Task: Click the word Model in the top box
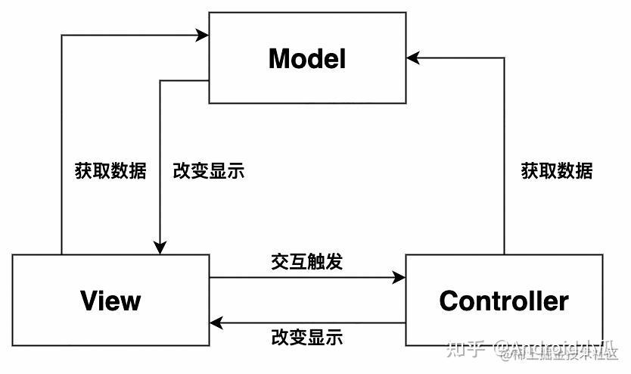tap(307, 58)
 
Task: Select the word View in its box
tap(110, 301)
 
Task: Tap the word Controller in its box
tap(504, 301)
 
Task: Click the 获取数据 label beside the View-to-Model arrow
tap(110, 170)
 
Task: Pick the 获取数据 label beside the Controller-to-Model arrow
tap(557, 170)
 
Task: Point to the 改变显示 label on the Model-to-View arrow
tap(209, 170)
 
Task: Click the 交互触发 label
tap(306, 262)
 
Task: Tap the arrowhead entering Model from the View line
tap(202, 35)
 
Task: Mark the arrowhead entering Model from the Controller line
tap(413, 58)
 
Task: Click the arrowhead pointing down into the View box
tap(160, 248)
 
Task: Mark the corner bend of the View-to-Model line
tap(61, 35)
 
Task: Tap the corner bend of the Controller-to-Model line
tap(504, 58)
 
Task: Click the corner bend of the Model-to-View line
tap(160, 80)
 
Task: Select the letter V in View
tap(89, 301)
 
